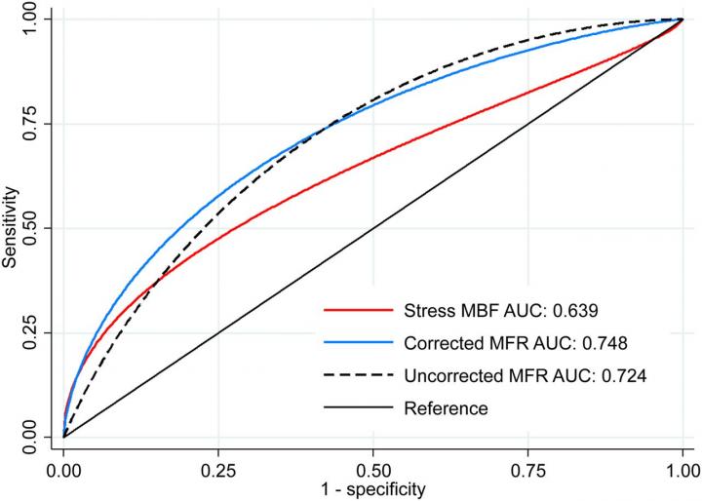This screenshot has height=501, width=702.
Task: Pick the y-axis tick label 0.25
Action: pos(30,332)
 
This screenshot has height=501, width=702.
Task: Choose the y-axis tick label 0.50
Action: pos(30,228)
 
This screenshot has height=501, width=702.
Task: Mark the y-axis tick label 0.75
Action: pos(30,124)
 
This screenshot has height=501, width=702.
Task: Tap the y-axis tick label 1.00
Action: pos(30,19)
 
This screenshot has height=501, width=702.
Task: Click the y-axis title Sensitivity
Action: pos(10,228)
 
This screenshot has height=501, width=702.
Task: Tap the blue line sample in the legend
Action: pos(358,343)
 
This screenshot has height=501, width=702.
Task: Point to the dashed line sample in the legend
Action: pos(358,375)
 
